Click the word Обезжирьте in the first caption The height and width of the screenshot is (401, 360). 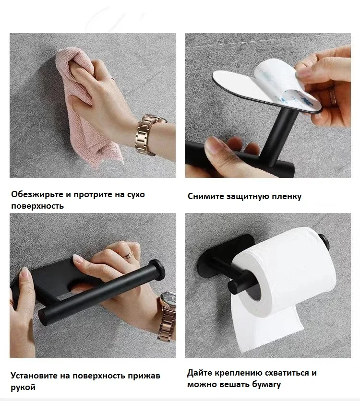[x=37, y=195]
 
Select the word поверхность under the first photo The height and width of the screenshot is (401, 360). [x=37, y=206]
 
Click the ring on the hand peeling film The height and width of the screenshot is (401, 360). [x=333, y=96]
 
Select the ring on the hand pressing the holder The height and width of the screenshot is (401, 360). [x=129, y=255]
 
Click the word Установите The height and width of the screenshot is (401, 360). [x=34, y=376]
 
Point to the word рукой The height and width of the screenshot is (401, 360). [x=23, y=388]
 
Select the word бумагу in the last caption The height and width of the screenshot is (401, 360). [x=266, y=385]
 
